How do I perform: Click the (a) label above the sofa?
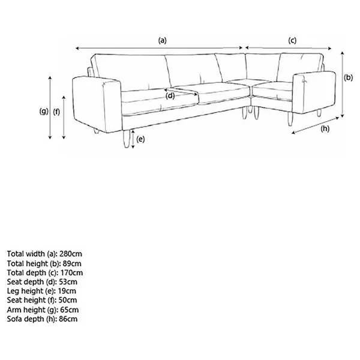(163, 40)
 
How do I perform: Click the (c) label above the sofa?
(292, 40)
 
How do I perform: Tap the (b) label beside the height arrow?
(348, 77)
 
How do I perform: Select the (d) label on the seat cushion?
(170, 96)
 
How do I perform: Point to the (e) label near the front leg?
(140, 139)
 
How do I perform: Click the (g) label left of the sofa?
(44, 112)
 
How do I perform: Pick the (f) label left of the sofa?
(56, 112)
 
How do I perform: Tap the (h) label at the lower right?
(325, 129)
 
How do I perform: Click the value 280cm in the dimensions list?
(71, 254)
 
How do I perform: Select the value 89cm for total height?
(72, 263)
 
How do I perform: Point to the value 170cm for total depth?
(71, 273)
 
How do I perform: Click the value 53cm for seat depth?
(68, 282)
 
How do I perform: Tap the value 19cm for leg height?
(67, 291)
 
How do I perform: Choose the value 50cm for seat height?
(68, 300)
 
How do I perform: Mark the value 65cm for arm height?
(70, 310)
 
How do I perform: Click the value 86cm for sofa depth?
(68, 319)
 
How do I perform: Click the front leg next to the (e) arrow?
(126, 139)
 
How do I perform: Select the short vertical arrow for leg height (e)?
(133, 139)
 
